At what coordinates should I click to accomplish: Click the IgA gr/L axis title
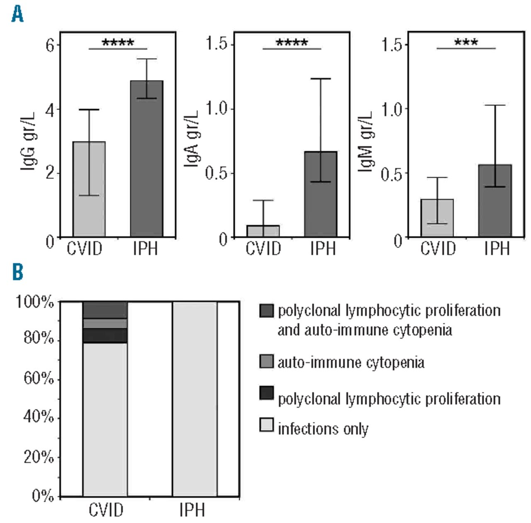click(x=191, y=138)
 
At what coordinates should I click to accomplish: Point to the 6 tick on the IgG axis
click(x=50, y=45)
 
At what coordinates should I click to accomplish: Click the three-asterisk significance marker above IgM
click(x=466, y=43)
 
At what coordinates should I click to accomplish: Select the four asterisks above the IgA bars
click(x=292, y=43)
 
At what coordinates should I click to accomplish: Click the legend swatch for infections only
click(x=266, y=425)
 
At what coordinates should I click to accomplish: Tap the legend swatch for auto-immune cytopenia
click(x=266, y=361)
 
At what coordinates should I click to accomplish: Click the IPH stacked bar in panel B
click(x=195, y=398)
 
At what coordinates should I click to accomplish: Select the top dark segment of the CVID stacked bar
click(x=105, y=310)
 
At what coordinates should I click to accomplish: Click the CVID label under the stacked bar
click(x=106, y=510)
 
